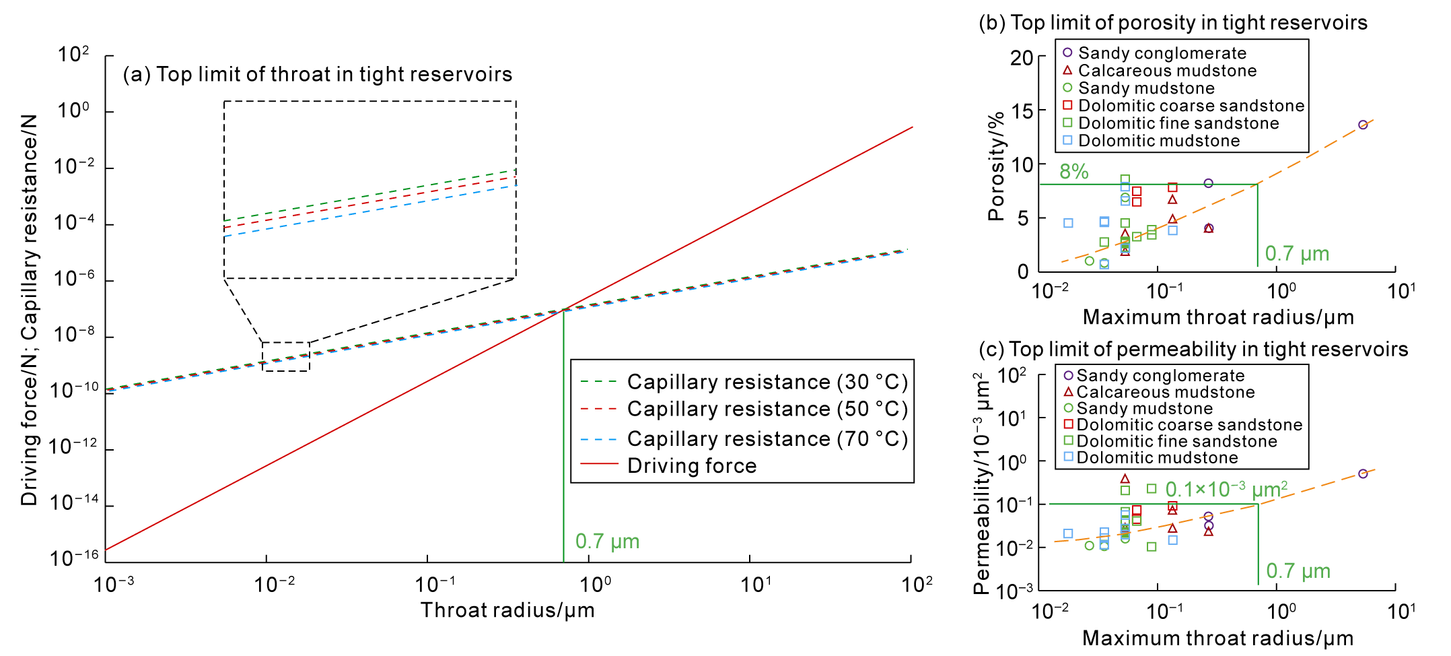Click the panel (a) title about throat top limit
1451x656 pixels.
tap(317, 74)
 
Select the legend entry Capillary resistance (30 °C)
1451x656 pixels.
tap(767, 382)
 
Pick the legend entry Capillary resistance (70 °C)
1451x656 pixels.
tap(767, 439)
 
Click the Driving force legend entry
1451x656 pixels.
tap(692, 465)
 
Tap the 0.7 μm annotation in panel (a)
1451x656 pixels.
tap(607, 542)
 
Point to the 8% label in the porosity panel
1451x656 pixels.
tap(1074, 172)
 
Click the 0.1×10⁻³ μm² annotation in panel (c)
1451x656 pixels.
tap(1226, 489)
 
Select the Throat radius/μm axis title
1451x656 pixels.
tap(507, 610)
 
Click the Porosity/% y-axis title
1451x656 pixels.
tap(995, 166)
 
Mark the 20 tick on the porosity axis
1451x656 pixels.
tap(1021, 58)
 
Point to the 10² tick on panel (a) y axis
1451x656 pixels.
tap(73, 55)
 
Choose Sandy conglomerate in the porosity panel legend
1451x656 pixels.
tap(1162, 53)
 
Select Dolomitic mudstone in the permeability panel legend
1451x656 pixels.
tap(1157, 458)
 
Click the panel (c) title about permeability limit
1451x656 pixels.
tap(1193, 350)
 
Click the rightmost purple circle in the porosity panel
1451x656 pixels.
tap(1363, 125)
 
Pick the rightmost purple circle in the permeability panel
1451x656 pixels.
tap(1363, 473)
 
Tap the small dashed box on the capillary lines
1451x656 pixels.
tap(286, 356)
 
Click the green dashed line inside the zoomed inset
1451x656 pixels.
tap(370, 195)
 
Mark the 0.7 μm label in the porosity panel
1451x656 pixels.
tap(1297, 254)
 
